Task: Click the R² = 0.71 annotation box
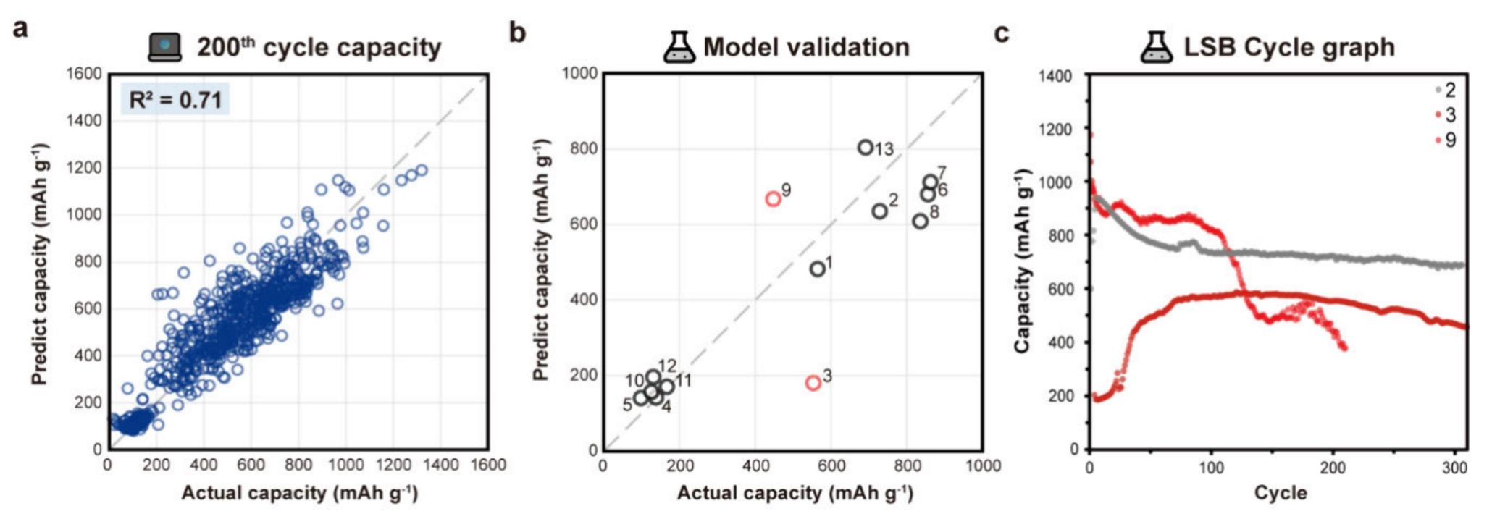point(175,99)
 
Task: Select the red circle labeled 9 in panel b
point(773,198)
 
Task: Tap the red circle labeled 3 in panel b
point(813,382)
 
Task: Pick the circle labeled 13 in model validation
point(865,148)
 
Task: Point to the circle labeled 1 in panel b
point(818,269)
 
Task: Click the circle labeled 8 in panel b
point(920,221)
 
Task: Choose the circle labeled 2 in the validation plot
point(879,211)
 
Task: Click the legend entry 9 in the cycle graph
point(1446,140)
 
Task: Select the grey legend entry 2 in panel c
point(1446,90)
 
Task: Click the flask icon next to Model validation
point(679,47)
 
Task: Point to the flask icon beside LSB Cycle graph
point(1157,47)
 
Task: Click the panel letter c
point(1002,33)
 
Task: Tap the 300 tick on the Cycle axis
point(1454,468)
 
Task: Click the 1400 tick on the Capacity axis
point(1055,76)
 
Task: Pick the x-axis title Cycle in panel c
point(1281,493)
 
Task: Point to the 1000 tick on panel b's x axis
point(983,465)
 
